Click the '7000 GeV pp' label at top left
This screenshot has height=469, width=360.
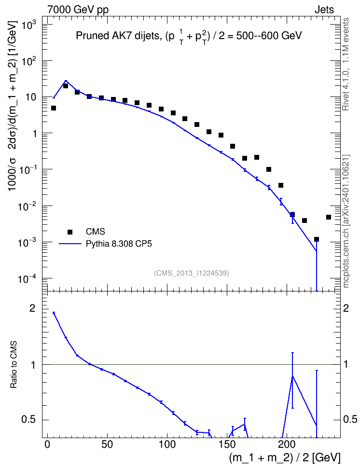[x=78, y=10]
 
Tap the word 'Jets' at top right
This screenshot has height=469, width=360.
[x=324, y=10]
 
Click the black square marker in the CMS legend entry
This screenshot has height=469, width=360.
[x=70, y=232]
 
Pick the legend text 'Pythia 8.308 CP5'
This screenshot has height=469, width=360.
[x=119, y=244]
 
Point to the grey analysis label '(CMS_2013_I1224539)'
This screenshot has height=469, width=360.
[x=192, y=273]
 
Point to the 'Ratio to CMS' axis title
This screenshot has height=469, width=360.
[x=14, y=365]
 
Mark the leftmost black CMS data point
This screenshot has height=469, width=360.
[x=54, y=108]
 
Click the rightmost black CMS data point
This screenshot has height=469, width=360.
[x=328, y=217]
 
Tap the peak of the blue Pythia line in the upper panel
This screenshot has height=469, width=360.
[x=66, y=81]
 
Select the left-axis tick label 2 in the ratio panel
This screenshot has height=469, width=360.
[x=32, y=308]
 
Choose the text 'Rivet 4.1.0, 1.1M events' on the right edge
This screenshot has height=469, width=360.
[x=346, y=64]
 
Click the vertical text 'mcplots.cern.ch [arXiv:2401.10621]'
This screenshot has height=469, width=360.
[x=346, y=221]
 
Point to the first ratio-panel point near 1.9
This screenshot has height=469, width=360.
[x=54, y=313]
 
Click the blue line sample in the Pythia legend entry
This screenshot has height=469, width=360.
[x=70, y=244]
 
